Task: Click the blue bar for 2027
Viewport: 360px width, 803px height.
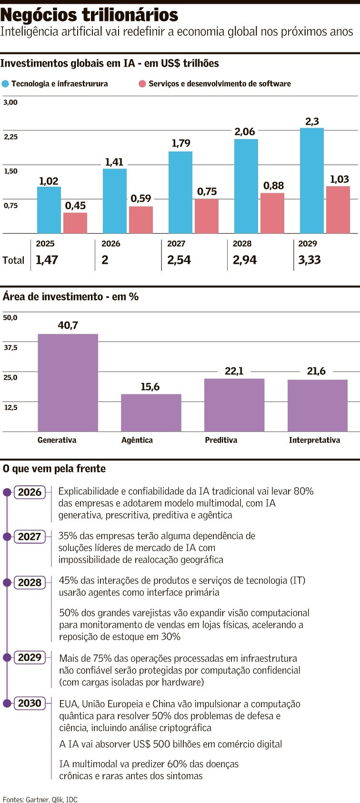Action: [180, 192]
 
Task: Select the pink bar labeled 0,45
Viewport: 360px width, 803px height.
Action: [75, 223]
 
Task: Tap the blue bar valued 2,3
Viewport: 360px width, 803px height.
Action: [312, 181]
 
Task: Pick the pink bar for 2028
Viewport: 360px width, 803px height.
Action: [272, 213]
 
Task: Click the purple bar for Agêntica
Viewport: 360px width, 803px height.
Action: [151, 412]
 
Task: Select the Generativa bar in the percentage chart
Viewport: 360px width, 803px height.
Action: [68, 382]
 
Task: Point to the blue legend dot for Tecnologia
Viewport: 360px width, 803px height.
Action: [5, 84]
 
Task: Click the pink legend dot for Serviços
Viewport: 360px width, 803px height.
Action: [142, 84]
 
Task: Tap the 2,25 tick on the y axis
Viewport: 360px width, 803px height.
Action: [10, 137]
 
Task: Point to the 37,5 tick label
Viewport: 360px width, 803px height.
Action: [10, 348]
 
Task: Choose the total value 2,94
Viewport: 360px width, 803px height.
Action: [245, 260]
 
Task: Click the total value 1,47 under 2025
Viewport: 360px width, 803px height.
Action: [47, 260]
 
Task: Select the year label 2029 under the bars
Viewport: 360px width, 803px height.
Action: [308, 244]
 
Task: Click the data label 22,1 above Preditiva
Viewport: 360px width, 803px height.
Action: [234, 371]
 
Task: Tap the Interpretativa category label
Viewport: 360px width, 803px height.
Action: [314, 440]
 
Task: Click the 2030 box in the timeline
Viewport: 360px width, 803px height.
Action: [30, 703]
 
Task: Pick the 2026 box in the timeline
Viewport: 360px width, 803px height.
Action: [30, 492]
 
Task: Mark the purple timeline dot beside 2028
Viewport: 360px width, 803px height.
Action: [7, 582]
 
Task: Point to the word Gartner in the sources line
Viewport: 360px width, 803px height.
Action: [37, 799]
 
